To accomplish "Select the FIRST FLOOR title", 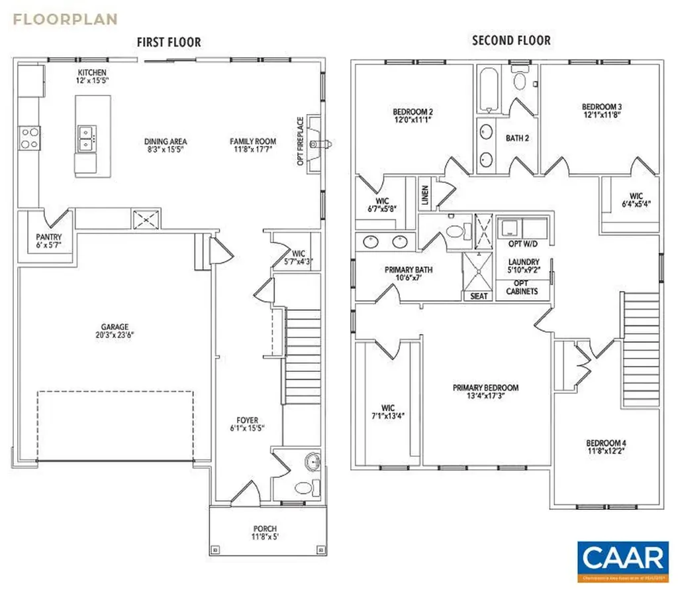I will (169, 42).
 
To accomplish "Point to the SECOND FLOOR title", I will (510, 41).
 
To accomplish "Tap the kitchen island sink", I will (86, 139).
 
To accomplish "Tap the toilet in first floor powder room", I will (303, 489).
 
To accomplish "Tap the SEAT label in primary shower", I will (478, 296).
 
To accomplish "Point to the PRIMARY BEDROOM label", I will (485, 388).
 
